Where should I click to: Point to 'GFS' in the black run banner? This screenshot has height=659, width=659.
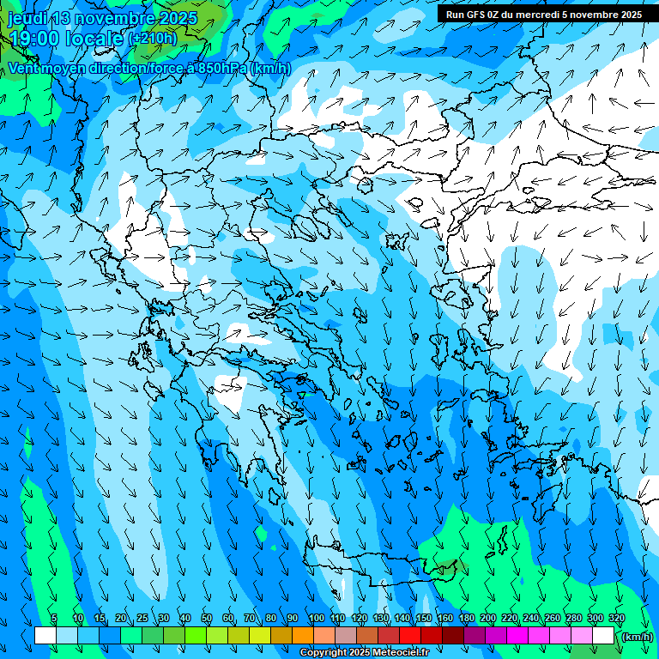tap(476, 15)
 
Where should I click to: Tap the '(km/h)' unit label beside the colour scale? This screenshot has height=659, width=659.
tap(637, 637)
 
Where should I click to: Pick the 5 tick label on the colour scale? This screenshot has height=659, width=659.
tap(54, 618)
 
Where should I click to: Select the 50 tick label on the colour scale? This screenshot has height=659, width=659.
tap(207, 618)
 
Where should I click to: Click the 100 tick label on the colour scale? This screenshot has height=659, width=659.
tap(316, 618)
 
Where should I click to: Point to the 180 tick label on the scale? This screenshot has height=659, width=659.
tap(466, 618)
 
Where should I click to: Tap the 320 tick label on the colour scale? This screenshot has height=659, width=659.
tap(616, 618)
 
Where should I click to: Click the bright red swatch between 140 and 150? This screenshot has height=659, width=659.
tap(410, 636)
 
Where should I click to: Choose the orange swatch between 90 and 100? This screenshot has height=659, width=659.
tap(303, 636)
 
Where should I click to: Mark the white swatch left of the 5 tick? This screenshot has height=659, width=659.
tap(45, 636)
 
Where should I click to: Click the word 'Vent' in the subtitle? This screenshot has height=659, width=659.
tap(23, 68)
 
